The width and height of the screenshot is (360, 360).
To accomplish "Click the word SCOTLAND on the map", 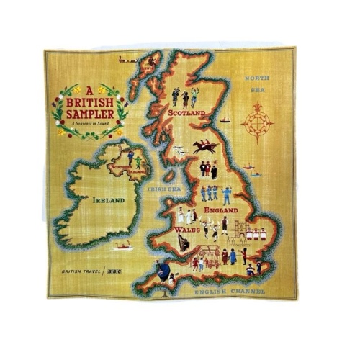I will click(186, 113).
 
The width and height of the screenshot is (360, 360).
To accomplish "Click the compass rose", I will click(257, 120).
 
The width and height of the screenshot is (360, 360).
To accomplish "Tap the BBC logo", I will click(113, 272).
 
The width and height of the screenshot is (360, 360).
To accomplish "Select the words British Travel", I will click(81, 272).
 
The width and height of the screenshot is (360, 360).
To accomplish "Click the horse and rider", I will click(204, 146).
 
